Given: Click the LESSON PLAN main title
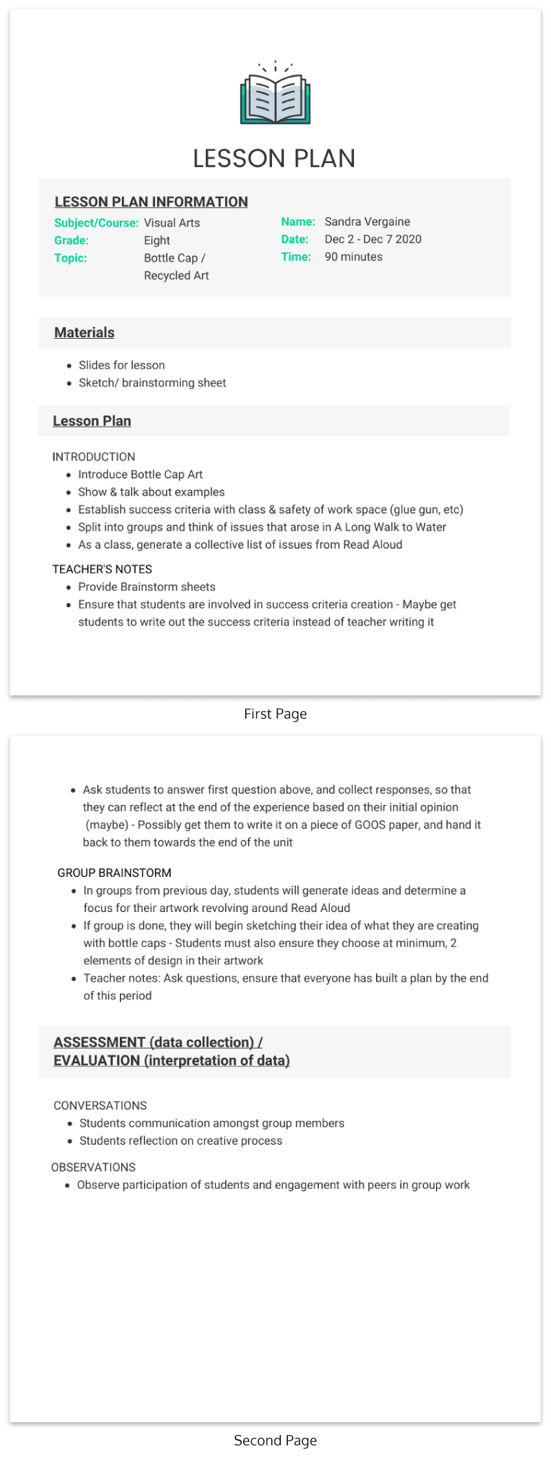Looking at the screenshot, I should click(274, 159).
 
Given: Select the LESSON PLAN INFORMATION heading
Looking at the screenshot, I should click(151, 202).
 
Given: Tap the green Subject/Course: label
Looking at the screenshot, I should click(96, 223).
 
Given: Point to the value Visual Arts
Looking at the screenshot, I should click(172, 223).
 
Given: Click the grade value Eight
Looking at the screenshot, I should click(157, 240).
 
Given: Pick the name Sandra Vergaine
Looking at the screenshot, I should click(367, 222).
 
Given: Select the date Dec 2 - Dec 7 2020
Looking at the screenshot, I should click(373, 239).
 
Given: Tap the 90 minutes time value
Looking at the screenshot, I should click(353, 257).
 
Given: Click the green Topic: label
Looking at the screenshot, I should click(71, 258).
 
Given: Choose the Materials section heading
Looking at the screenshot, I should click(84, 332).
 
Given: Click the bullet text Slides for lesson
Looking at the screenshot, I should click(122, 365).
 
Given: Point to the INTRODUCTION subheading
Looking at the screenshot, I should click(94, 457).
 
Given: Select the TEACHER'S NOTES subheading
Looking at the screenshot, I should click(102, 569).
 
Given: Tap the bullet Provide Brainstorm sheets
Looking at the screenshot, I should click(147, 587).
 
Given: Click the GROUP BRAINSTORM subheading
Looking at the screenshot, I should click(114, 873).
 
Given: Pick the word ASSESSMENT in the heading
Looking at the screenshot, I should click(99, 1042).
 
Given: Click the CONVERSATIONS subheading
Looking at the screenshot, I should click(100, 1105).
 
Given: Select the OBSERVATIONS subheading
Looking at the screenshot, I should click(93, 1167).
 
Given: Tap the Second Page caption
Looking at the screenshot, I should click(275, 1441).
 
